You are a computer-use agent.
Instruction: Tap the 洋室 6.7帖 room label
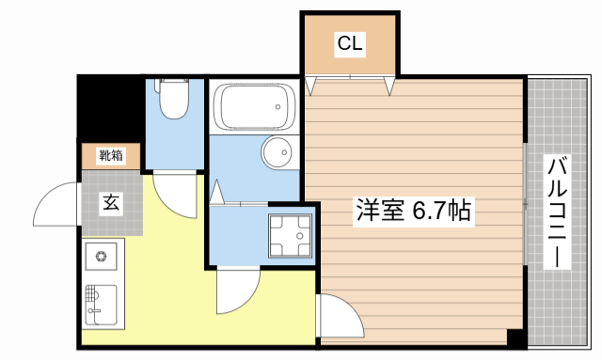point(413,211)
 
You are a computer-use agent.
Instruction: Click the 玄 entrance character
point(111,201)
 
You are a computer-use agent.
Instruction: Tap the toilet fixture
point(174,102)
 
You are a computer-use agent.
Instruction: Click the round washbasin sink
point(277,152)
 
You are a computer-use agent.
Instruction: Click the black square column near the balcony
point(515,337)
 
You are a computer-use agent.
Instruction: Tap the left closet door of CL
point(313,86)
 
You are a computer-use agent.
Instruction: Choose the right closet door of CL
point(388,86)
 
